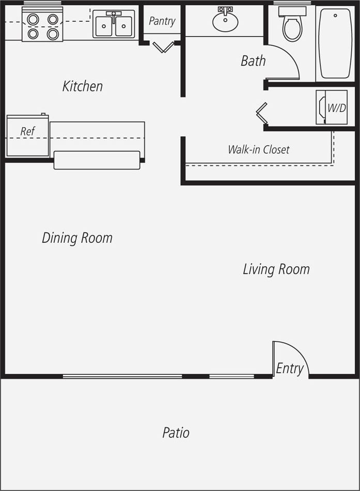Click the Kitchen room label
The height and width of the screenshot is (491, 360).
(x=83, y=86)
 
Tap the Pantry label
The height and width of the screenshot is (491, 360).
(x=162, y=21)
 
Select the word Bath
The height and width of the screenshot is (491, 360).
(x=253, y=61)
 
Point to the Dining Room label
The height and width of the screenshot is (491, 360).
(x=77, y=238)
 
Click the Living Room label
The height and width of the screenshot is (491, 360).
(x=276, y=269)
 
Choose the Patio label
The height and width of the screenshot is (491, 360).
(x=176, y=433)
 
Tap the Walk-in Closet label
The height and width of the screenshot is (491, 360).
(x=258, y=150)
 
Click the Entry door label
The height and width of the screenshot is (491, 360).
(x=290, y=369)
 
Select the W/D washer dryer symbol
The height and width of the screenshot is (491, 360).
(x=332, y=108)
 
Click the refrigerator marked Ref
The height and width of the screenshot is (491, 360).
(x=27, y=136)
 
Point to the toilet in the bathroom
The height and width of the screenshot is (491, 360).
(x=292, y=24)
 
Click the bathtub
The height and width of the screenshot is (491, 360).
(x=335, y=43)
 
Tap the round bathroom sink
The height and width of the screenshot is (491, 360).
(x=225, y=21)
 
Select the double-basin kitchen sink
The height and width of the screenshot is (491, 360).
(x=114, y=24)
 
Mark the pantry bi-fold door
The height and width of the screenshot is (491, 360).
(x=163, y=48)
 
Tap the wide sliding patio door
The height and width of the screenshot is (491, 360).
(x=122, y=376)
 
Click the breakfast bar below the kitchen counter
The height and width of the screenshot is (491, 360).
(x=97, y=160)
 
